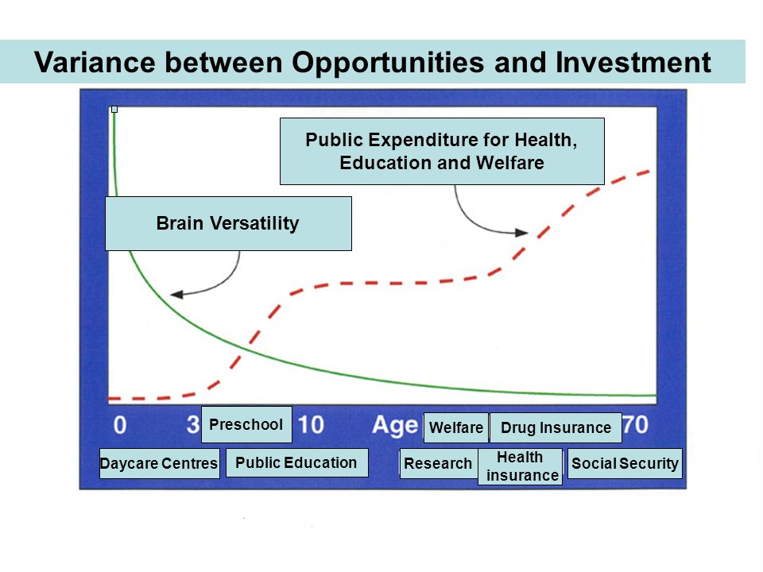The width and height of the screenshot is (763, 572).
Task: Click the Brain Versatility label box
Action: tap(228, 223)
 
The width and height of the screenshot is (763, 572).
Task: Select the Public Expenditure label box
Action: tap(442, 151)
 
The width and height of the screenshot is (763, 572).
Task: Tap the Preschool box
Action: tap(246, 424)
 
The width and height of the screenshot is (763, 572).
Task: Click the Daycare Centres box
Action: tap(159, 463)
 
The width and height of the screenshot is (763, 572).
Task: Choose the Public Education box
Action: tap(296, 462)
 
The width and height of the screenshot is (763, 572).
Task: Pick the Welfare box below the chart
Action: tap(456, 427)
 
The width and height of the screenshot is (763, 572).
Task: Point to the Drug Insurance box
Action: tap(556, 427)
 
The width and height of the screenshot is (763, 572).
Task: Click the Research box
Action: tap(439, 463)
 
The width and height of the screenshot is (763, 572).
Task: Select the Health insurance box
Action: tap(520, 466)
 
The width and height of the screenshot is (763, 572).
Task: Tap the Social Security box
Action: tap(625, 463)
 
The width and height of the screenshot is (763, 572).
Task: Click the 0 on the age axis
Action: tap(120, 425)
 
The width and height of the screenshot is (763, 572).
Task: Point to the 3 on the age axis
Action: tap(193, 424)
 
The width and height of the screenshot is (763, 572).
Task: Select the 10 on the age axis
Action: tap(311, 424)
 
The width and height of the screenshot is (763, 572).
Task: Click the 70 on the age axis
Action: tap(635, 424)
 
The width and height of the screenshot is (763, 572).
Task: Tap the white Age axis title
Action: tap(395, 426)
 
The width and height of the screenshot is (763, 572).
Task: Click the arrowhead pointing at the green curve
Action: tap(176, 294)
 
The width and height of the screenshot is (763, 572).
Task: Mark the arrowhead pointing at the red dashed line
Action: tap(521, 233)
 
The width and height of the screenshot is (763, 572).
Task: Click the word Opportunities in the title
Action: tap(388, 63)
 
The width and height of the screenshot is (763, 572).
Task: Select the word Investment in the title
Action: tap(633, 62)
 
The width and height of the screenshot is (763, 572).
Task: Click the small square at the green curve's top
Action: tap(114, 110)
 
